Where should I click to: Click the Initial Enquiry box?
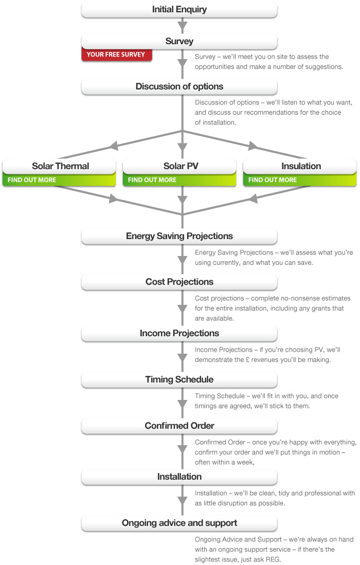(179, 10)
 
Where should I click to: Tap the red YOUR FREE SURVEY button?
(116, 54)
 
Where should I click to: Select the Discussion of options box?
(179, 87)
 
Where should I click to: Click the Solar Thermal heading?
(60, 166)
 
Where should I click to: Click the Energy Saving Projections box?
(179, 236)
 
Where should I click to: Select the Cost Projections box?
(179, 282)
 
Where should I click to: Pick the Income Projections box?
(179, 334)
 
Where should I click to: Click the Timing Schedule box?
(179, 380)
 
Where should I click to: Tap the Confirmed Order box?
(179, 426)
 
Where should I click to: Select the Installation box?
(179, 477)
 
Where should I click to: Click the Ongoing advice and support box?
(179, 523)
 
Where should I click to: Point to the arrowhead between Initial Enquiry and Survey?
(183, 26)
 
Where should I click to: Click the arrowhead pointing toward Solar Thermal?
(114, 145)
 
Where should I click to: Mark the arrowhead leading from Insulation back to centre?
(254, 198)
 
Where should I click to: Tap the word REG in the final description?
(273, 559)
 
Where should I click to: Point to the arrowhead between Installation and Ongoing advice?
(183, 501)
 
